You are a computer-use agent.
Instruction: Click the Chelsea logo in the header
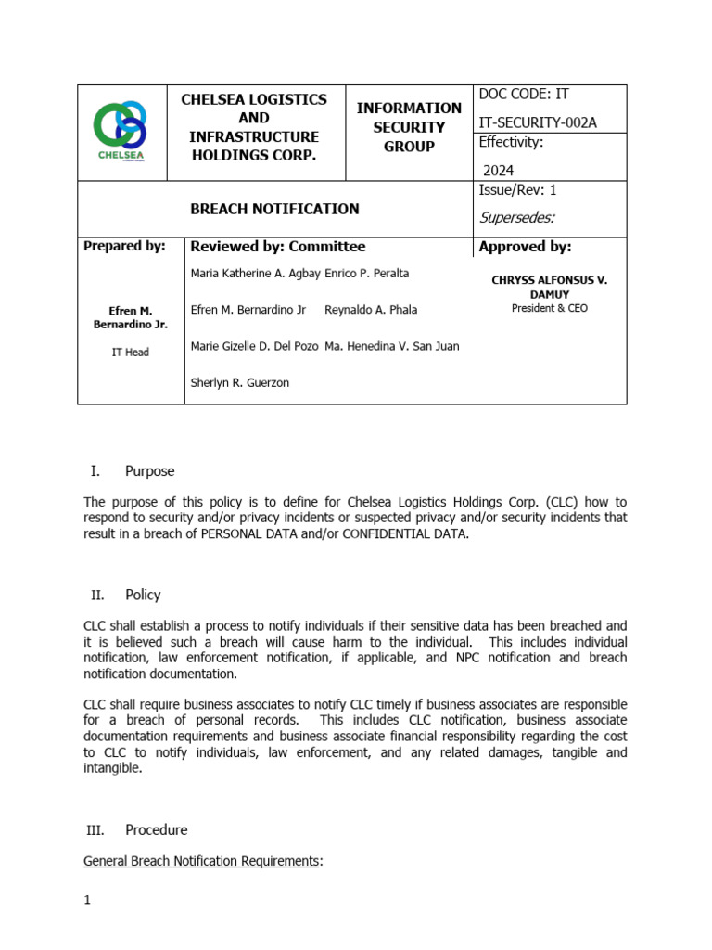tap(121, 132)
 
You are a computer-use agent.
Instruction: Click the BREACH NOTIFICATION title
tap(274, 209)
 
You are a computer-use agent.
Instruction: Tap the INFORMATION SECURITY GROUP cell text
tap(409, 127)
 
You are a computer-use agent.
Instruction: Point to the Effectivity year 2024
tap(498, 170)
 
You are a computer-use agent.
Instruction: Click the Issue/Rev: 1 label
tap(517, 190)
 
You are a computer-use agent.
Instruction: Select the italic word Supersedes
tap(517, 218)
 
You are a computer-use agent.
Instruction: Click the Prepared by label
tap(124, 247)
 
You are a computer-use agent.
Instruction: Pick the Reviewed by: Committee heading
tap(277, 247)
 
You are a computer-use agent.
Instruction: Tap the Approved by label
tap(525, 247)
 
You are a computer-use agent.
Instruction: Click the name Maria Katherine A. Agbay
tap(255, 274)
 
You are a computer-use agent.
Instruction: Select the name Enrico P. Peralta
tap(367, 274)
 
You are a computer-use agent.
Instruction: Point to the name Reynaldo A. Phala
tap(371, 310)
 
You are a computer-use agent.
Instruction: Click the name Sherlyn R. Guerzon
tap(239, 382)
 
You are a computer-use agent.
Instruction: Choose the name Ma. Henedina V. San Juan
tap(392, 346)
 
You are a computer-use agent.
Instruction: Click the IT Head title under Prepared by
tap(130, 353)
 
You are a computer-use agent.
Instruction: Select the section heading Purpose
tap(149, 471)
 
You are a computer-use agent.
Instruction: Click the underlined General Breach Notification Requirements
tap(201, 861)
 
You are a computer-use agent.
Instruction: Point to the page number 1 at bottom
tap(86, 901)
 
